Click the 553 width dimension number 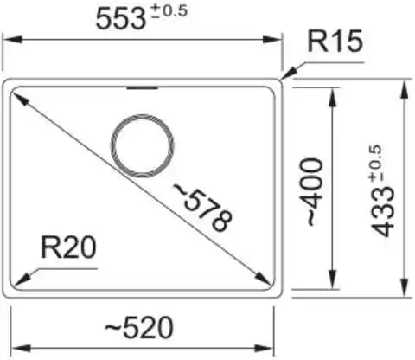pyautogui.click(x=120, y=19)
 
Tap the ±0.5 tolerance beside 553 pyautogui.click(x=169, y=11)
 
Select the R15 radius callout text pyautogui.click(x=335, y=42)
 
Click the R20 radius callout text pyautogui.click(x=68, y=247)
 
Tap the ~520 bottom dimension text pyautogui.click(x=138, y=327)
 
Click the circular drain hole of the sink pyautogui.click(x=143, y=146)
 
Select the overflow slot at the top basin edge pyautogui.click(x=143, y=87)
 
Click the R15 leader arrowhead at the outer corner pyautogui.click(x=289, y=73)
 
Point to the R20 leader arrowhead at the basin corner pyautogui.click(x=22, y=280)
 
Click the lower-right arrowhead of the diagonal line pyautogui.click(x=262, y=279)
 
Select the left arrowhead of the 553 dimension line pyautogui.click(x=12, y=40)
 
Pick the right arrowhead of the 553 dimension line pyautogui.click(x=272, y=40)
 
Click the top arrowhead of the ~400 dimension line pyautogui.click(x=333, y=97)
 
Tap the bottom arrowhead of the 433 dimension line pyautogui.click(x=405, y=287)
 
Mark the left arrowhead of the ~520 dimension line pyautogui.click(x=21, y=348)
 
